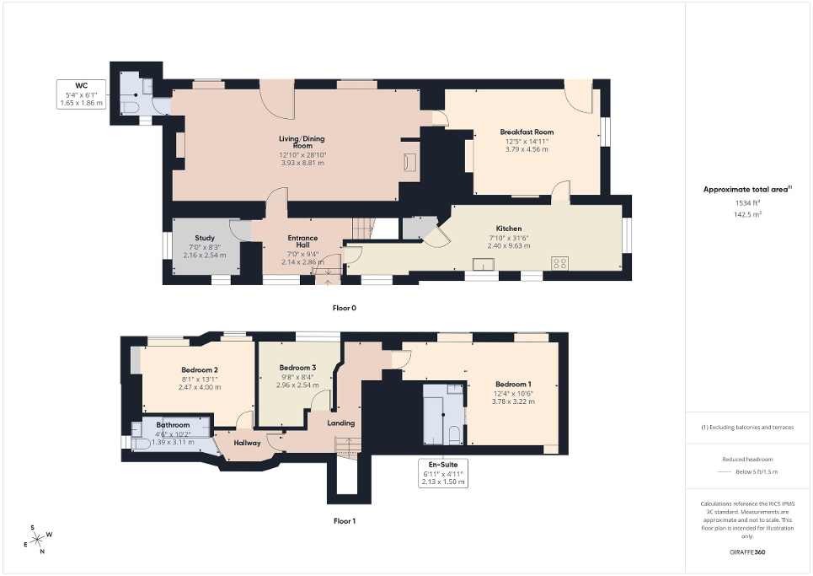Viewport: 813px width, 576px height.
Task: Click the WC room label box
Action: pyautogui.click(x=81, y=94)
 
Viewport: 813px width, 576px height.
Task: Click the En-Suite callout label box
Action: pyautogui.click(x=443, y=473)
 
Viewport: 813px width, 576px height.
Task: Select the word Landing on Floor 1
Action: pyautogui.click(x=341, y=423)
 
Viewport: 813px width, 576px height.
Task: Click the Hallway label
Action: pyautogui.click(x=247, y=443)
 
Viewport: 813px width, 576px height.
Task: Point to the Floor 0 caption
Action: pyautogui.click(x=344, y=308)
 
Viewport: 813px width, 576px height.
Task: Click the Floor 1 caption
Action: pyautogui.click(x=344, y=520)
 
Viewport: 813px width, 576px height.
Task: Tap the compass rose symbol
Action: pyautogui.click(x=38, y=539)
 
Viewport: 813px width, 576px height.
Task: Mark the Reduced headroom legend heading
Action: pyautogui.click(x=747, y=460)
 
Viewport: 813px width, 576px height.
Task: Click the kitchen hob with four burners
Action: pyautogui.click(x=559, y=263)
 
